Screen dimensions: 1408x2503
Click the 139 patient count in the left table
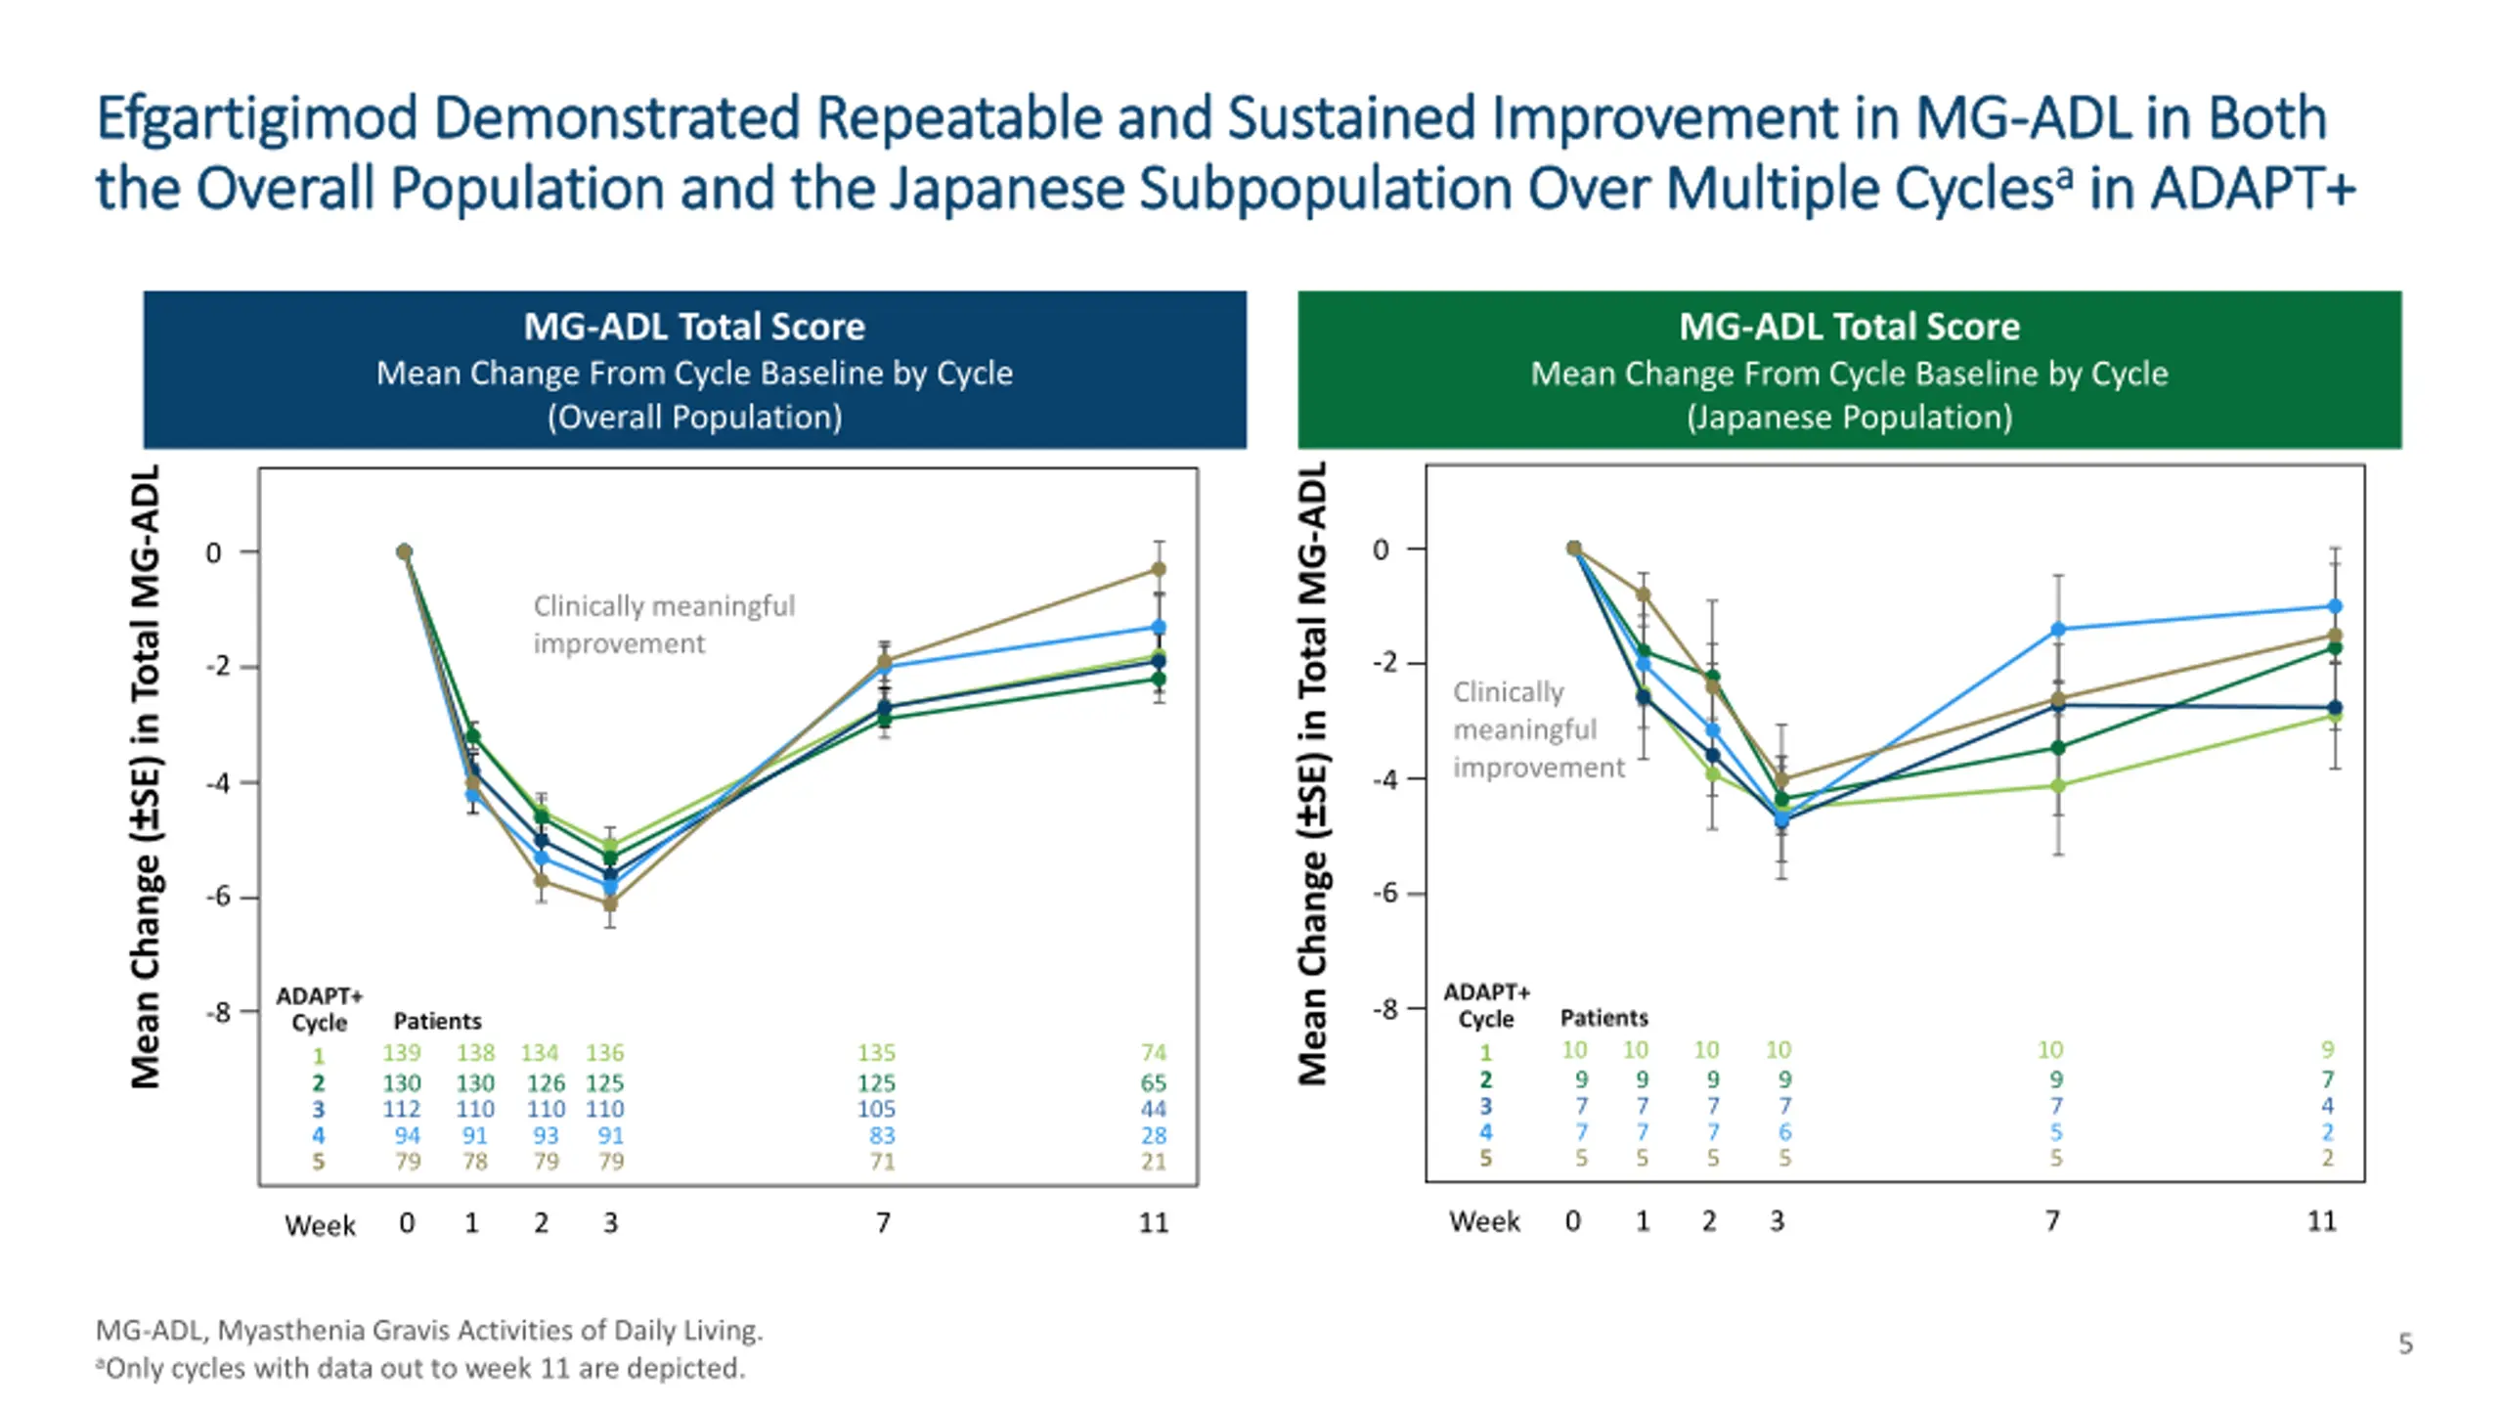[401, 1053]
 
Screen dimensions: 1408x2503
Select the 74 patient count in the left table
[1154, 1053]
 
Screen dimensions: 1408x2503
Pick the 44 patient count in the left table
[1154, 1110]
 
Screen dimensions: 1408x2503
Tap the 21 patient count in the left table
[1154, 1162]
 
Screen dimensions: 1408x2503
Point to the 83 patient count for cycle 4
[882, 1136]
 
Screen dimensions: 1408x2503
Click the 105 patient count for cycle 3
[876, 1110]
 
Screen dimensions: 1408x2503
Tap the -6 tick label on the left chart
[218, 897]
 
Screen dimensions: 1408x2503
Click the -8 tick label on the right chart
[1384, 1009]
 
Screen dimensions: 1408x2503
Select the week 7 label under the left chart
[883, 1223]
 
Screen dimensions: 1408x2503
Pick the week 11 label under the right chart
[2322, 1221]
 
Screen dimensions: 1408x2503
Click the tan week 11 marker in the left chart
[1159, 569]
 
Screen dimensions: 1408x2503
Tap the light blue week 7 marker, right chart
[2058, 630]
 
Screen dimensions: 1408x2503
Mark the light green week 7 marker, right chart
[2058, 786]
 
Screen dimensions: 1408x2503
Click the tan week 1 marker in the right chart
[1644, 594]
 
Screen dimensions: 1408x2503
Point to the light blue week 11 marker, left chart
[1159, 627]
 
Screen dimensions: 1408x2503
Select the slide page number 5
[2405, 1344]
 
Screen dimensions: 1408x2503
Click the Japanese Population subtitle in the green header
[1849, 418]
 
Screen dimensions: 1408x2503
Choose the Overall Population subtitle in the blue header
[694, 418]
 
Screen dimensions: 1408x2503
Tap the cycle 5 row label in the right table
[1486, 1159]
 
